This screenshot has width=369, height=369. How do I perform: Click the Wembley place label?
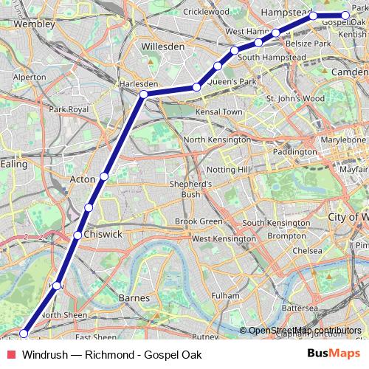[29, 24]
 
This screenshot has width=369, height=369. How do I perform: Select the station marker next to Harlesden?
[143, 94]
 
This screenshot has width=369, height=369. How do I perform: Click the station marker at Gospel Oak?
[345, 15]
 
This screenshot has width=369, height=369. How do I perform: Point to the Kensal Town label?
[218, 111]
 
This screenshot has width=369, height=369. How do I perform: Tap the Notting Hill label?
[232, 169]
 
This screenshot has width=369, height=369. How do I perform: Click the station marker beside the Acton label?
[105, 176]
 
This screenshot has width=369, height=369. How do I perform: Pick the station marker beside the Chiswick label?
[77, 235]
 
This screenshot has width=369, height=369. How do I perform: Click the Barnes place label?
[134, 298]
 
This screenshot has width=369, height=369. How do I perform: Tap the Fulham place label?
[225, 295]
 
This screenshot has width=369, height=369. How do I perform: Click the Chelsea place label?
[307, 250]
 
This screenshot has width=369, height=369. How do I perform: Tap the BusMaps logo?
[333, 354]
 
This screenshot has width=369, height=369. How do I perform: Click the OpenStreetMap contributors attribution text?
[305, 330]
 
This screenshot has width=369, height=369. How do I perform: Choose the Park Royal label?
[69, 109]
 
